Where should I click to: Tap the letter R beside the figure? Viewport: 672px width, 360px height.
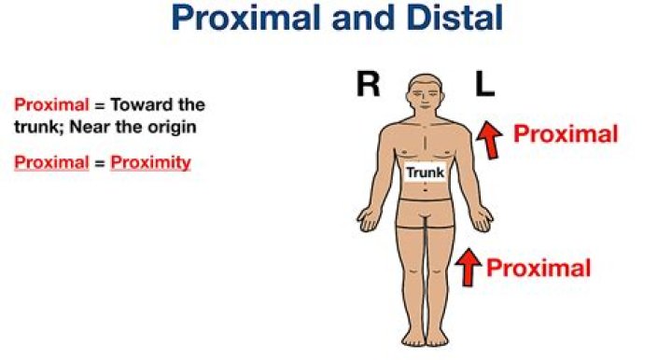point(368,84)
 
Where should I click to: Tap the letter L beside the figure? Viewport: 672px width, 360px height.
point(483,84)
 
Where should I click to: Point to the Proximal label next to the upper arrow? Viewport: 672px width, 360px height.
point(566,134)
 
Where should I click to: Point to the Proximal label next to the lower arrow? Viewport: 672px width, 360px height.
point(539,269)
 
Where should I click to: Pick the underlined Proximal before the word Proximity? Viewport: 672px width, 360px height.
point(44,162)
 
